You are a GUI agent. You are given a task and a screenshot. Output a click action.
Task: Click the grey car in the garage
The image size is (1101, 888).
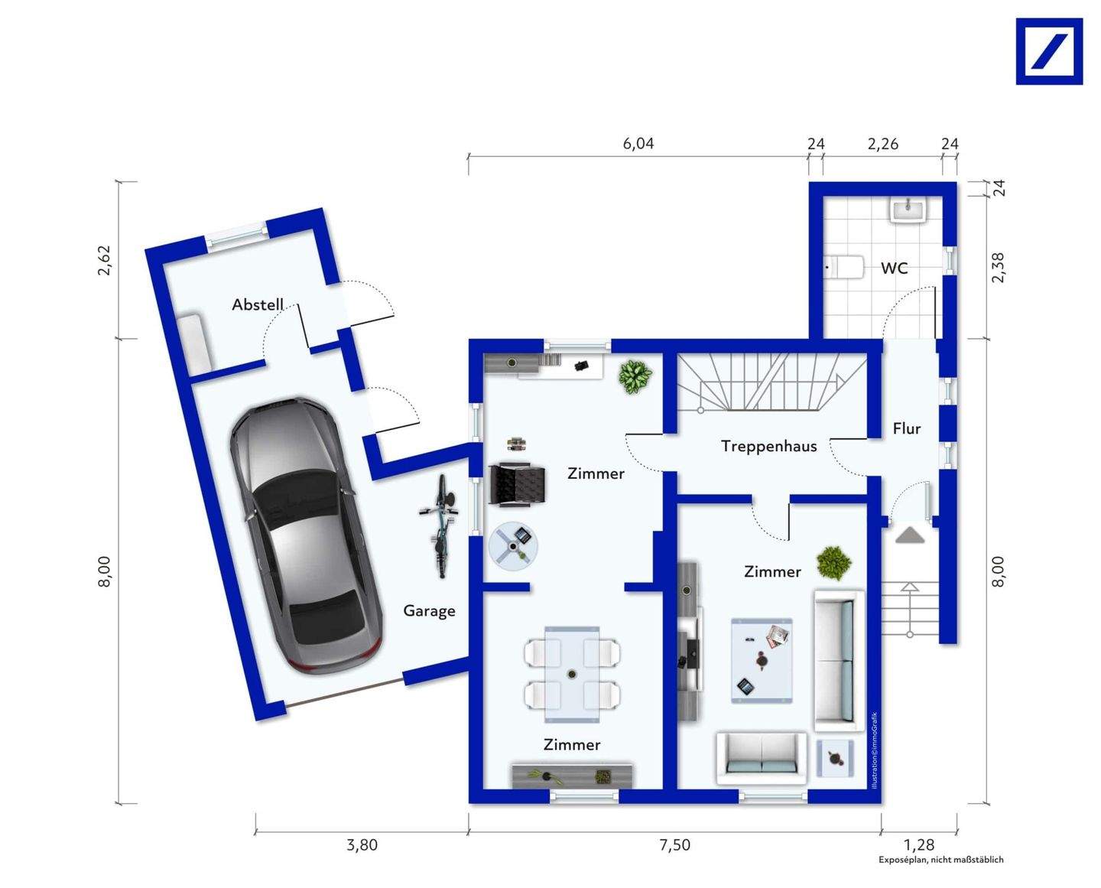(x=306, y=535)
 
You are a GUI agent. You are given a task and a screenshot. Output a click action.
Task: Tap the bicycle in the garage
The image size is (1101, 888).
(x=440, y=526)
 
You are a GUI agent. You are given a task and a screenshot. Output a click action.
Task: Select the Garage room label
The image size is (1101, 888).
(x=429, y=610)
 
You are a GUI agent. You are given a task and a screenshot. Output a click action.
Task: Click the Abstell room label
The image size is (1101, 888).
(x=258, y=304)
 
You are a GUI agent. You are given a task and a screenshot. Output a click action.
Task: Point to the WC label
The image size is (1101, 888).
(x=895, y=268)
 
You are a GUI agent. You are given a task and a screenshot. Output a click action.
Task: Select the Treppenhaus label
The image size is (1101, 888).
(x=769, y=446)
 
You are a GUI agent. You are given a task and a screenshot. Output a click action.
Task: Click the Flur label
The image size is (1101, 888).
(x=907, y=428)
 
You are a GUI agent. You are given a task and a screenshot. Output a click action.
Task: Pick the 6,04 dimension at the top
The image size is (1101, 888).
(x=638, y=143)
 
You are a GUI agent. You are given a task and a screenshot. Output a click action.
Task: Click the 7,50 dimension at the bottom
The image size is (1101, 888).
(x=674, y=844)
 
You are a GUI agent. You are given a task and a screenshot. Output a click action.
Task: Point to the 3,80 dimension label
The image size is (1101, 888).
(x=362, y=844)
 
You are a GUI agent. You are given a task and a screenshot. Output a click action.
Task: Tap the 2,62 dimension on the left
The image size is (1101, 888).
(x=104, y=261)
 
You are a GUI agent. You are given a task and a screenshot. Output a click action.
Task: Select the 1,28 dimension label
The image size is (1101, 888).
(x=919, y=844)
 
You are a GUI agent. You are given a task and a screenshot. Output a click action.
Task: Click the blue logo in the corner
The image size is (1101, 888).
(x=1049, y=51)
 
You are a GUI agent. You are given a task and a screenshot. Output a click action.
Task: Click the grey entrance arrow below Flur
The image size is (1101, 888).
(x=910, y=535)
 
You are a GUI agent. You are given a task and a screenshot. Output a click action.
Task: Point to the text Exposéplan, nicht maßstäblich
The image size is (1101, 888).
(x=941, y=860)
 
